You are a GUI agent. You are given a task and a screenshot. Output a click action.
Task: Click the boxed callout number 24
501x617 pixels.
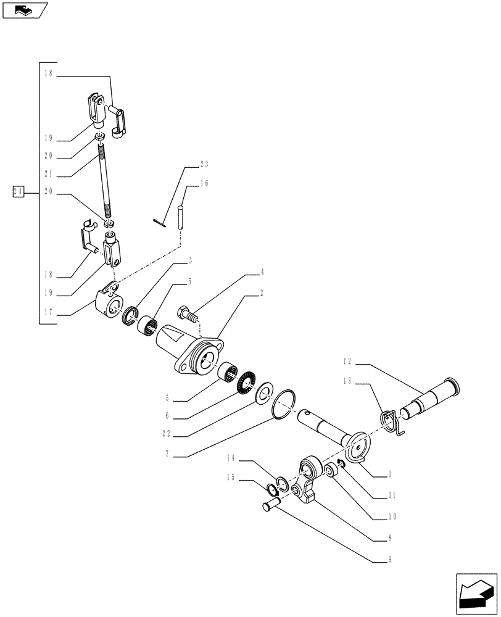(x=17, y=192)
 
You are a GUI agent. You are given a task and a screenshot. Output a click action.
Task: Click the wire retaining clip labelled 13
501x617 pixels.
(x=390, y=424)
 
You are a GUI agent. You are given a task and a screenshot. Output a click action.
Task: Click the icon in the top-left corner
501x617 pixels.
(x=24, y=10)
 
